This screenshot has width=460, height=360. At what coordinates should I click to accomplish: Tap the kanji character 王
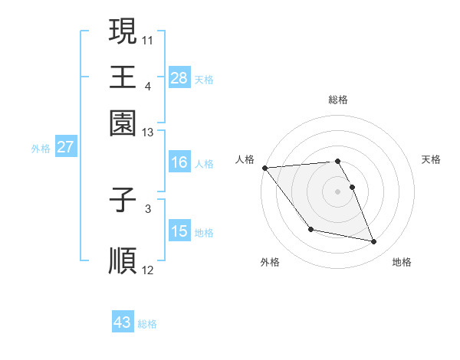click(123, 77)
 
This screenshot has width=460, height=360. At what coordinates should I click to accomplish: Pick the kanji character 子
click(123, 201)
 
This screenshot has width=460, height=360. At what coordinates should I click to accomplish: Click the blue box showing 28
click(179, 77)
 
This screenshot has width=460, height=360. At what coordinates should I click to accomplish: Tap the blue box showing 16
click(179, 162)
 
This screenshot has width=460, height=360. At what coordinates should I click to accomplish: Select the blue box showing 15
click(179, 231)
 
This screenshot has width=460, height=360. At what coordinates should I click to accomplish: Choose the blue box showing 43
click(122, 322)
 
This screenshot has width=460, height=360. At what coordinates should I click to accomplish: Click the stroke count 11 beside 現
click(148, 38)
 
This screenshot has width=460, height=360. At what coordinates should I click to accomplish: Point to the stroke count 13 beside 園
click(148, 133)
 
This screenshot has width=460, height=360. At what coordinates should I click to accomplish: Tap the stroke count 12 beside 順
click(148, 270)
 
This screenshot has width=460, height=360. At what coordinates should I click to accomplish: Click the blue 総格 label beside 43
click(147, 324)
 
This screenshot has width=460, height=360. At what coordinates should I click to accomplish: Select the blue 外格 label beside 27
click(40, 149)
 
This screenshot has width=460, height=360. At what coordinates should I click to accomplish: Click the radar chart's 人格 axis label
click(245, 159)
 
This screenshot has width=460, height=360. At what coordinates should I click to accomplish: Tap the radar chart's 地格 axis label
click(402, 263)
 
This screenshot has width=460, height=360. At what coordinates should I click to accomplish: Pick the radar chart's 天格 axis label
click(431, 159)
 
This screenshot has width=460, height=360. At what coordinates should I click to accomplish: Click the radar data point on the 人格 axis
click(264, 168)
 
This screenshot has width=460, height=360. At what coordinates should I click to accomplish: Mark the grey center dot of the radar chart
click(337, 191)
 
